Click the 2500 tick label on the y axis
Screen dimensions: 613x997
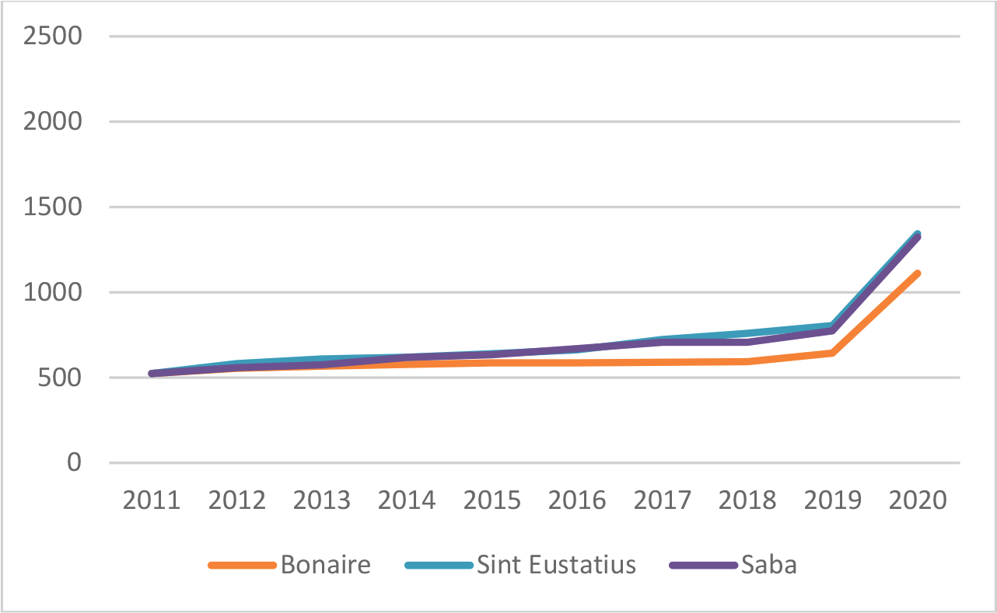click(x=54, y=37)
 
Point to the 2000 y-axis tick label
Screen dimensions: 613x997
click(x=54, y=123)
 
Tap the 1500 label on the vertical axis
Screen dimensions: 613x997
click(x=54, y=208)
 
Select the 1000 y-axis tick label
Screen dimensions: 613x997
click(x=54, y=294)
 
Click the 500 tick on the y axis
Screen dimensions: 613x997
click(x=62, y=378)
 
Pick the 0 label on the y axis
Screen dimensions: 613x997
click(x=74, y=464)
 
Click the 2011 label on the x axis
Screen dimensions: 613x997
click(x=152, y=500)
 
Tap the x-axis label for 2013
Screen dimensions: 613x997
click(x=323, y=500)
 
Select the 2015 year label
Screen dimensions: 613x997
click(x=493, y=500)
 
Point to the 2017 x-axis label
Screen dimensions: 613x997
click(x=663, y=500)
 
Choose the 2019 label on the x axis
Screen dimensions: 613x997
click(x=833, y=500)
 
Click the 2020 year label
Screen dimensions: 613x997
click(x=918, y=500)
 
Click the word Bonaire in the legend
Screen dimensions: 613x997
click(x=326, y=565)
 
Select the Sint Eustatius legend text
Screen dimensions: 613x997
click(x=557, y=565)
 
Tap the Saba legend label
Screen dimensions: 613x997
click(x=769, y=565)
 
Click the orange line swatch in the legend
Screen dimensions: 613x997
click(x=243, y=566)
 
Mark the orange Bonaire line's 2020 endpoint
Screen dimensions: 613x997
click(x=918, y=273)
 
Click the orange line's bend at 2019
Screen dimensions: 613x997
click(x=832, y=353)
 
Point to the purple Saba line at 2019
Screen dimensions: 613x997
click(x=832, y=331)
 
